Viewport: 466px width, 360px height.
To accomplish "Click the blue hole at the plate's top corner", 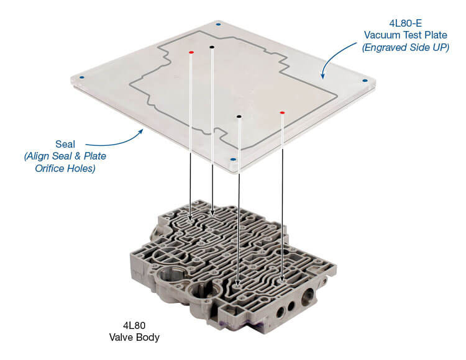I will pyautogui.click(x=217, y=24).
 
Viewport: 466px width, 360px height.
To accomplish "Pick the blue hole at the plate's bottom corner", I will pyautogui.click(x=232, y=159).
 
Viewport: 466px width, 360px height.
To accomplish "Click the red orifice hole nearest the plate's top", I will pyautogui.click(x=191, y=52).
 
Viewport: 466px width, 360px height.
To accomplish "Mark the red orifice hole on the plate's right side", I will pyautogui.click(x=282, y=113).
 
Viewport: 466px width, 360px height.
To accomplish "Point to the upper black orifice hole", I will pyautogui.click(x=212, y=47).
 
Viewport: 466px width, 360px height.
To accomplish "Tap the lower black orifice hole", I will pyautogui.click(x=239, y=116).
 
